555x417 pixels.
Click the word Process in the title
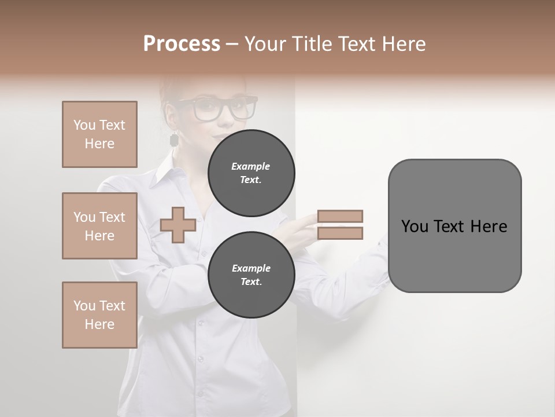tap(182, 44)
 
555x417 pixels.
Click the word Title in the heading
tap(312, 44)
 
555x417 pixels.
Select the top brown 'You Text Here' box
tap(99, 134)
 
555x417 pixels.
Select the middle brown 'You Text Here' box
tap(99, 226)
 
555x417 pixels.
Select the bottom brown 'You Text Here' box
tap(99, 315)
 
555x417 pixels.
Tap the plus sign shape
tap(177, 225)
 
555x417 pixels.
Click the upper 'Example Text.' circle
tap(251, 173)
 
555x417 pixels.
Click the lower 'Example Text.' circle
tap(251, 275)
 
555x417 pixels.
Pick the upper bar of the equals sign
tap(340, 216)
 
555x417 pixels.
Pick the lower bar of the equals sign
tap(340, 233)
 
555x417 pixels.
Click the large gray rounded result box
tap(454, 226)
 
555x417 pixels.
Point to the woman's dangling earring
tap(173, 140)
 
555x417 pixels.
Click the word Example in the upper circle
tap(251, 166)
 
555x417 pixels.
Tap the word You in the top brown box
tap(84, 125)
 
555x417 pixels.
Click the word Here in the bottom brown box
tap(99, 324)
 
